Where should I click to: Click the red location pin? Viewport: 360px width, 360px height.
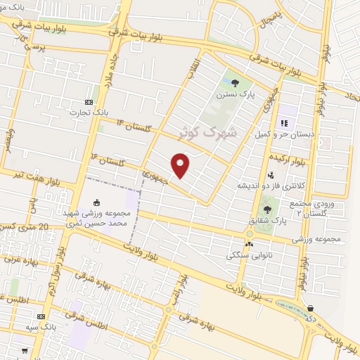coord(181,165)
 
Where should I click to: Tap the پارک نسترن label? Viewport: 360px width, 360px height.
coord(235,94)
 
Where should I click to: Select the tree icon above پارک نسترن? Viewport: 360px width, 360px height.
coord(235,82)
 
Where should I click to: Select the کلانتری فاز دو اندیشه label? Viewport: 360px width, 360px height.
coord(263,185)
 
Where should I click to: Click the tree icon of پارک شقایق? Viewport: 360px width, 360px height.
coord(266,209)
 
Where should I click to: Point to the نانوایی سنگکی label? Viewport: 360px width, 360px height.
coord(247,256)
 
